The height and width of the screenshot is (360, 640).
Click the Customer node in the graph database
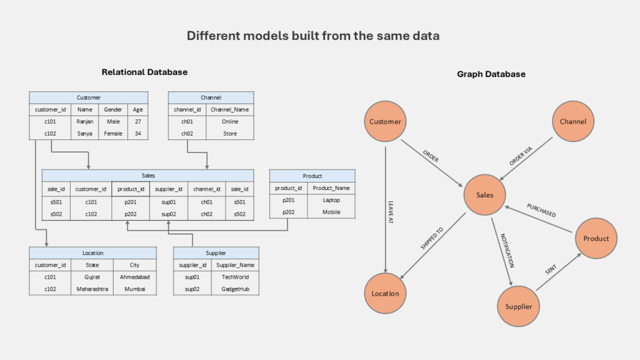click(385, 122)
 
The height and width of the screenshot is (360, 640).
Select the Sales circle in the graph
click(484, 195)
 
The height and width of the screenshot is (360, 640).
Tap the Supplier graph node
click(518, 306)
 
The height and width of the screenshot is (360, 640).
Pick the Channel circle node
click(572, 122)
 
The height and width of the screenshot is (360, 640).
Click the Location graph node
click(385, 293)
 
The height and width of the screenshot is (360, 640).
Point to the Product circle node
click(596, 238)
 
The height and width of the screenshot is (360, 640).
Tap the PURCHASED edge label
click(541, 210)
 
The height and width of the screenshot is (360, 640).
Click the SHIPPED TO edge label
click(431, 239)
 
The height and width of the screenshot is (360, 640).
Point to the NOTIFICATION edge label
click(507, 250)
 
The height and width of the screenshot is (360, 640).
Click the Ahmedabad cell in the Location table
click(135, 276)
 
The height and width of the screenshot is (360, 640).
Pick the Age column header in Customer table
click(137, 109)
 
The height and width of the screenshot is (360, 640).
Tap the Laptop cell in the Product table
click(331, 200)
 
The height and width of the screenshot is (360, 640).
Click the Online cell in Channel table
click(230, 122)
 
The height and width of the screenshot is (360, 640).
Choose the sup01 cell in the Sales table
click(169, 201)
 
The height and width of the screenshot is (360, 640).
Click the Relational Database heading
click(144, 72)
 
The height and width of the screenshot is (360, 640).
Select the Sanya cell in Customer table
click(85, 133)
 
